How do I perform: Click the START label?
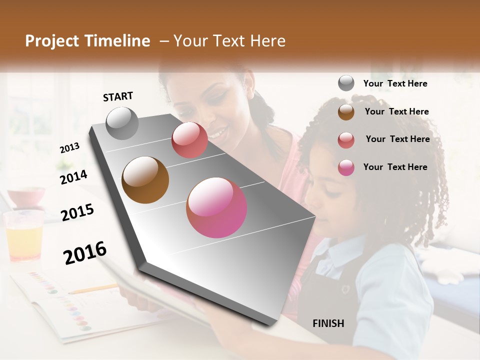pos(118,96)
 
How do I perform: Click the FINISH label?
pos(328,323)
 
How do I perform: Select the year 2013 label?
pos(69,148)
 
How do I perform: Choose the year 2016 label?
pos(85,253)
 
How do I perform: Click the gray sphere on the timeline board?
pos(122,123)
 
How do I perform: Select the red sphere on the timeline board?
pos(189,140)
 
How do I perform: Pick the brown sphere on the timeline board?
pos(145,180)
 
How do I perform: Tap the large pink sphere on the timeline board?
pos(216,207)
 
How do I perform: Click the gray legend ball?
pos(346,83)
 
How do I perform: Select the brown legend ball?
pos(346,111)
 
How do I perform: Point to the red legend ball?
pos(346,139)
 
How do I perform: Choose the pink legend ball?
pos(346,167)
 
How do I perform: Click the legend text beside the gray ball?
pos(395,83)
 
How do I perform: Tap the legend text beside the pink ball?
pos(395,167)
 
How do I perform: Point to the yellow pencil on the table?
pos(92,289)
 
